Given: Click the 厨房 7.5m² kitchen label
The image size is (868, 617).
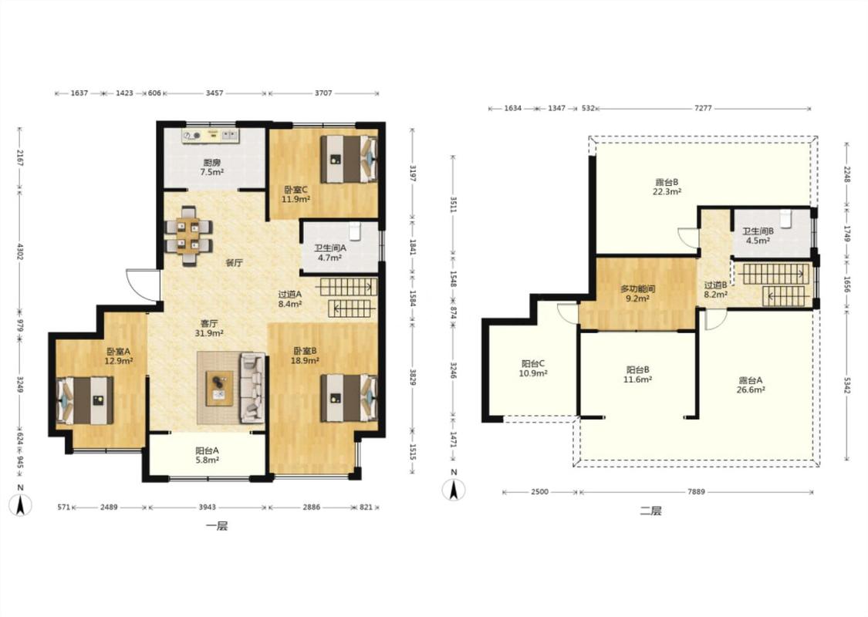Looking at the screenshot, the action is pos(212,167).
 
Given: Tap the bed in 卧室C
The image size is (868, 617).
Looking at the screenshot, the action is pos(349,160).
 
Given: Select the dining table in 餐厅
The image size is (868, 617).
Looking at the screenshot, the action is pos(189,236).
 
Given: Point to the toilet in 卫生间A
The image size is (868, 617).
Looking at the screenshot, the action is pos(355,231).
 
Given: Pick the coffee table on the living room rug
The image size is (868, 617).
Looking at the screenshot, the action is pos(220,389).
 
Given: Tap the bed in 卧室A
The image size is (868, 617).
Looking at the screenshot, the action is pos(85,400).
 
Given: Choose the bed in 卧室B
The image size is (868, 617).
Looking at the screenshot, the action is pos(349,399).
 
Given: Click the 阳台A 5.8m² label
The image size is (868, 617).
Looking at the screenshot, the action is pos(207,455).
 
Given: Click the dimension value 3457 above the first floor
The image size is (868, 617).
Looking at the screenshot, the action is pos(214,93).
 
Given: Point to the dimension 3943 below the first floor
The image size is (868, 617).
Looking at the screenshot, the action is pos(207,507).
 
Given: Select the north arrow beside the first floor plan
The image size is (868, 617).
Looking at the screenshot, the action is pos(21,501).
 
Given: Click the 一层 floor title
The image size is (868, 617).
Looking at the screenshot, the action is pos(217,526).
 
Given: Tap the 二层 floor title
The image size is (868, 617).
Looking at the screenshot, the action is pos(651,511).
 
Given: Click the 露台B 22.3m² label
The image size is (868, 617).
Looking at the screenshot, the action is pos(667,187).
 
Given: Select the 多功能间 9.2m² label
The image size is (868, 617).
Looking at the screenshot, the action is pos(638,293).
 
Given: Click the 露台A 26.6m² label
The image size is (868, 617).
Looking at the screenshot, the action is pos(751,385).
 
